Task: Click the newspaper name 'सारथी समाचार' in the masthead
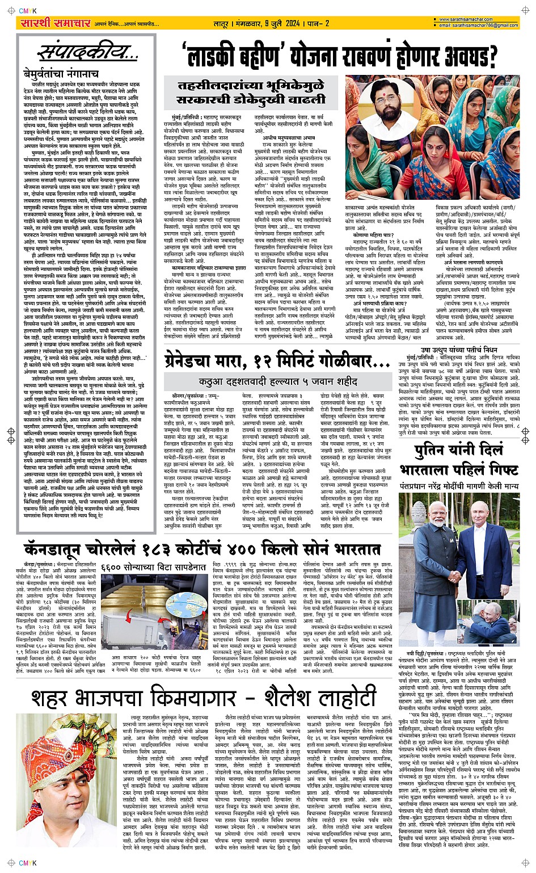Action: point(56,23)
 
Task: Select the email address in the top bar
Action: point(479,26)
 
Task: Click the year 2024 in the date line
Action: point(292,23)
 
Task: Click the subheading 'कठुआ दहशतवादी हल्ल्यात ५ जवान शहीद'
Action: point(278,381)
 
